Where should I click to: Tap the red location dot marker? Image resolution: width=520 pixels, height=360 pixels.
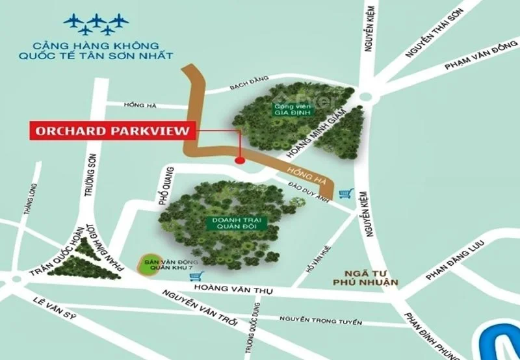coord(240,159)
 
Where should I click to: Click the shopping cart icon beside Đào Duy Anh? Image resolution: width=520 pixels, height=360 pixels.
coord(346,194)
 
